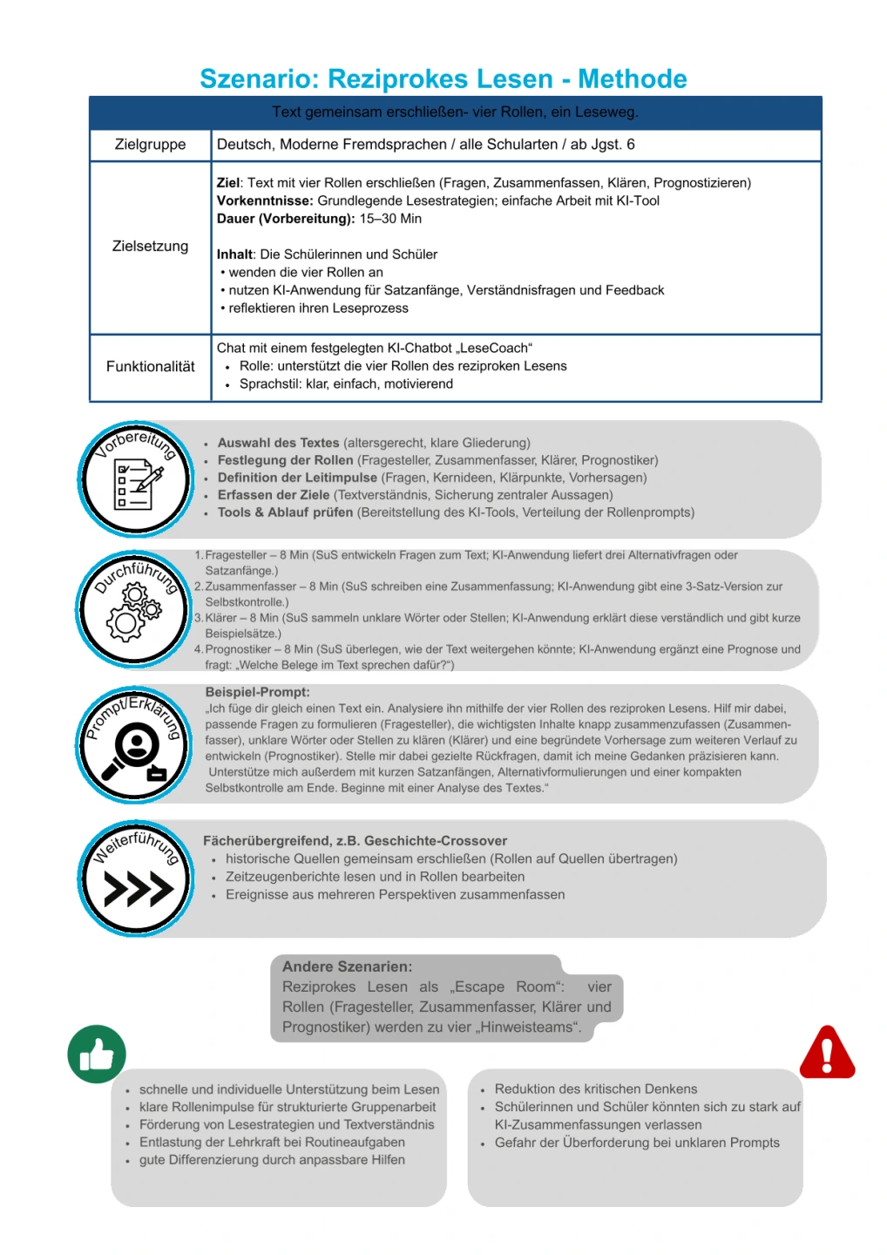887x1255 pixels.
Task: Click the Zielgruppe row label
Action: (x=150, y=145)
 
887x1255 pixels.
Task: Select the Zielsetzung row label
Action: (x=150, y=247)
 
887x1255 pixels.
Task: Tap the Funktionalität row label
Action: (x=150, y=367)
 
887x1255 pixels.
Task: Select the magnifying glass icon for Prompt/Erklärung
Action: (x=134, y=750)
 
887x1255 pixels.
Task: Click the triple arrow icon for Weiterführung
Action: (x=137, y=889)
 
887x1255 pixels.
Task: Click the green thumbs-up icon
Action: (x=97, y=1054)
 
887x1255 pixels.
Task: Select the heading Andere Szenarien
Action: (x=347, y=967)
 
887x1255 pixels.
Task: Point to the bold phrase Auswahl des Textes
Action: (x=278, y=443)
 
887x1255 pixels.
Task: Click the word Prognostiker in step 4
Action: (x=238, y=649)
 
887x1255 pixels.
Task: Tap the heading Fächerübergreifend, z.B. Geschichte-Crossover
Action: (x=355, y=841)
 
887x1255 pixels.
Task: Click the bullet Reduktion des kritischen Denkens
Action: (x=595, y=1089)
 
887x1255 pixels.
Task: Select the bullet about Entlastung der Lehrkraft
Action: (x=272, y=1143)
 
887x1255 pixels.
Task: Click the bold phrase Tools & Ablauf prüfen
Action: (x=285, y=512)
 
